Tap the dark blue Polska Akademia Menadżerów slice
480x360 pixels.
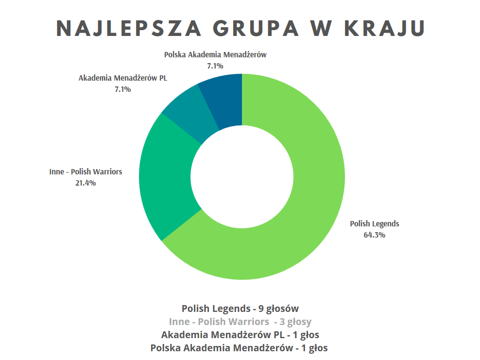click(x=223, y=97)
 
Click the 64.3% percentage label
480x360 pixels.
click(x=374, y=235)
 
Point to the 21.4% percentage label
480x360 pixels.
click(x=86, y=183)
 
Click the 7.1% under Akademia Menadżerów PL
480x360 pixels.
click(x=122, y=89)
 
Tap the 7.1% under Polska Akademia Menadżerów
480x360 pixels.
click(x=215, y=66)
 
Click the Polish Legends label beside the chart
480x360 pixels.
click(x=375, y=224)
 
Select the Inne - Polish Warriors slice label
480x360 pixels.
click(x=86, y=172)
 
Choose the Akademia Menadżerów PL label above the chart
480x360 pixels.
click(x=122, y=78)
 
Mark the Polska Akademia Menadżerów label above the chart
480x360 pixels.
click(x=215, y=55)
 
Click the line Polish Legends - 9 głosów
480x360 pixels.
click(x=240, y=309)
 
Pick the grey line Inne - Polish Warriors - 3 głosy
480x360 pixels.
click(x=240, y=322)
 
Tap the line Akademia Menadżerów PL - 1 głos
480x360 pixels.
click(x=240, y=335)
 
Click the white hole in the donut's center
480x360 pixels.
click(x=242, y=177)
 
